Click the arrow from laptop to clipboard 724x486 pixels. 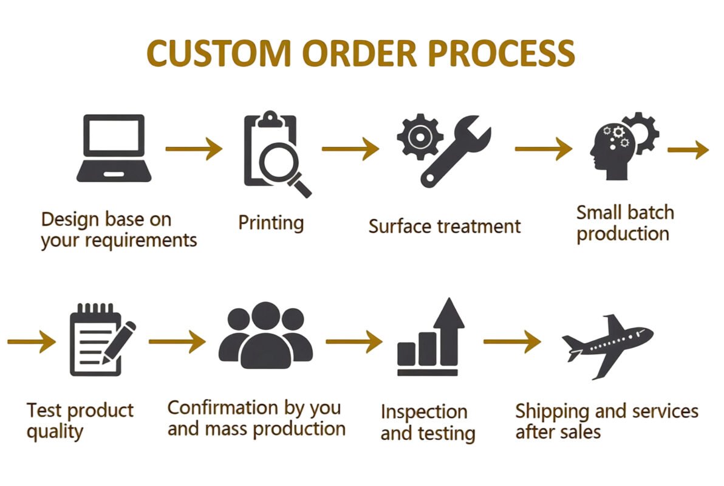click(194, 149)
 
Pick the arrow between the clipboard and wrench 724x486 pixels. click(350, 149)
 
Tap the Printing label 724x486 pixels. click(271, 222)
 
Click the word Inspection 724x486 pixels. click(424, 412)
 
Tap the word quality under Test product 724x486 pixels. click(55, 432)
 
